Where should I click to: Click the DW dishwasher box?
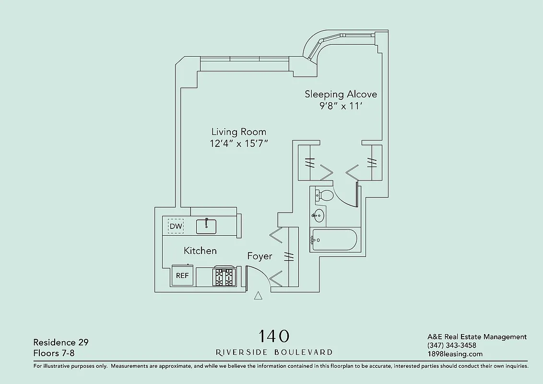click(x=176, y=226)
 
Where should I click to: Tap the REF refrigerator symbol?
click(x=182, y=276)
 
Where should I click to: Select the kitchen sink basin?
click(x=206, y=226)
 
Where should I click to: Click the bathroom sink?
click(x=318, y=216)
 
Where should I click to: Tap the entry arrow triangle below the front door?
click(x=258, y=296)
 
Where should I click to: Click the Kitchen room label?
click(x=200, y=251)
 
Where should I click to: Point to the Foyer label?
click(x=260, y=256)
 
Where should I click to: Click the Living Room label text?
click(x=238, y=132)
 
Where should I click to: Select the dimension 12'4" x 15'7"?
click(x=238, y=144)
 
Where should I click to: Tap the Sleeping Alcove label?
click(x=341, y=94)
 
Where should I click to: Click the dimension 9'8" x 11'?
click(x=341, y=106)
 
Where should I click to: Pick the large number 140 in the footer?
click(x=274, y=336)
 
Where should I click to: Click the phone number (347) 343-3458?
click(x=451, y=346)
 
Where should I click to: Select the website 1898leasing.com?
click(x=455, y=354)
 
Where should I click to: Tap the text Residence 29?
click(x=61, y=342)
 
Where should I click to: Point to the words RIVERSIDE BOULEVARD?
click(x=274, y=352)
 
